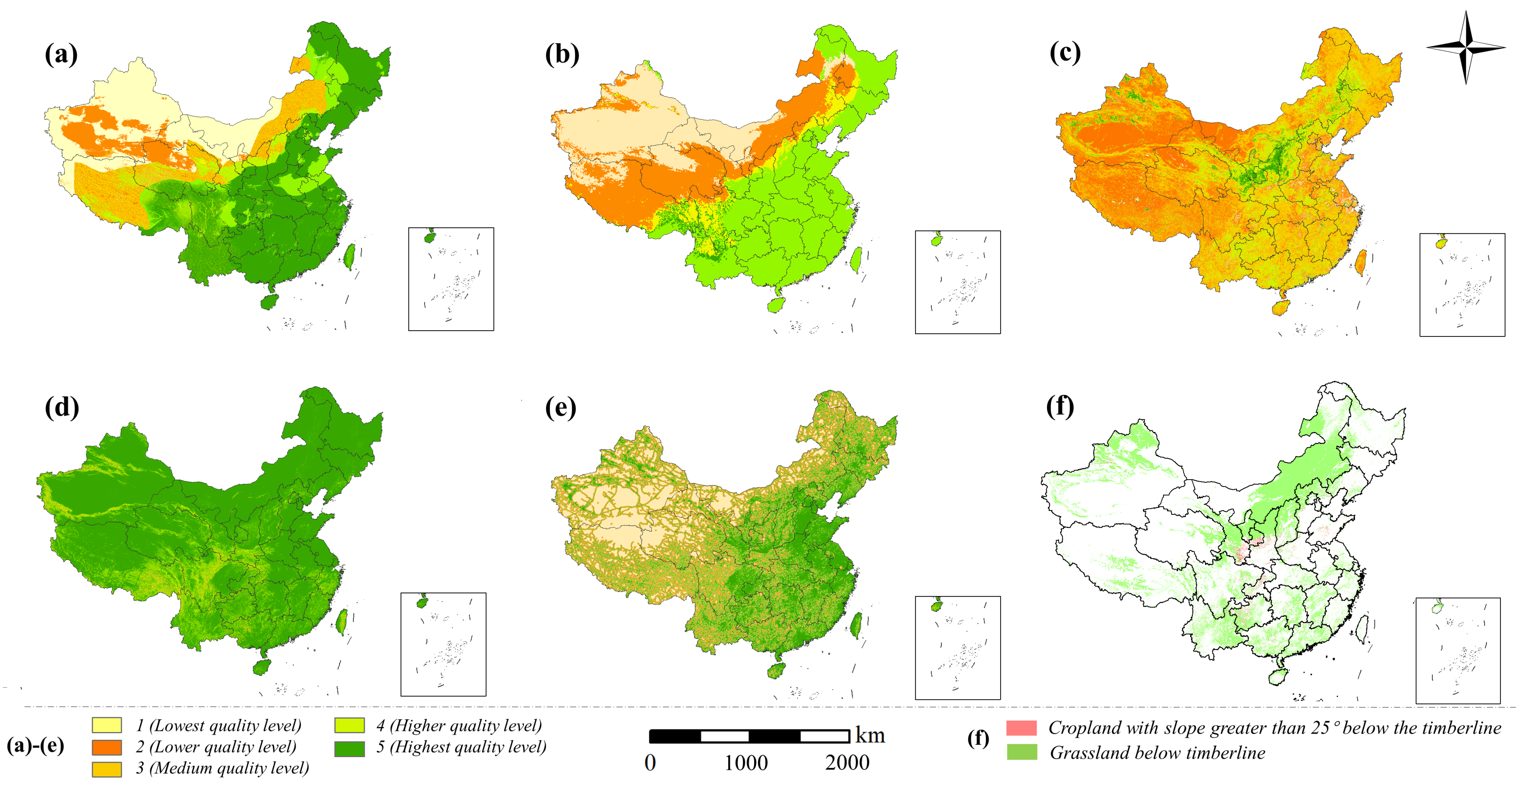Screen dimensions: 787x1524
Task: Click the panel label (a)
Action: (61, 55)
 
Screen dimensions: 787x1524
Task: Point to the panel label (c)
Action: (1064, 53)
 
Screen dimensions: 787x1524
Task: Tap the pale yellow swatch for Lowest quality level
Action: (107, 725)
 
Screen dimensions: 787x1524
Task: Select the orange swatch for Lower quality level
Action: (107, 747)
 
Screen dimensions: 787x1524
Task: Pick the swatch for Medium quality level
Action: (107, 769)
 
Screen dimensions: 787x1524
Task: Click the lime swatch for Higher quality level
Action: (349, 725)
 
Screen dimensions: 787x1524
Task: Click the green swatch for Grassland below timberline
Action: (1022, 752)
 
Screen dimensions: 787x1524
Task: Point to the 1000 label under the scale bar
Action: (746, 763)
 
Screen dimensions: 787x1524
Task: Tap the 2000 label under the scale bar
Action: (847, 763)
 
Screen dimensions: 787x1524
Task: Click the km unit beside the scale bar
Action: (870, 736)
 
